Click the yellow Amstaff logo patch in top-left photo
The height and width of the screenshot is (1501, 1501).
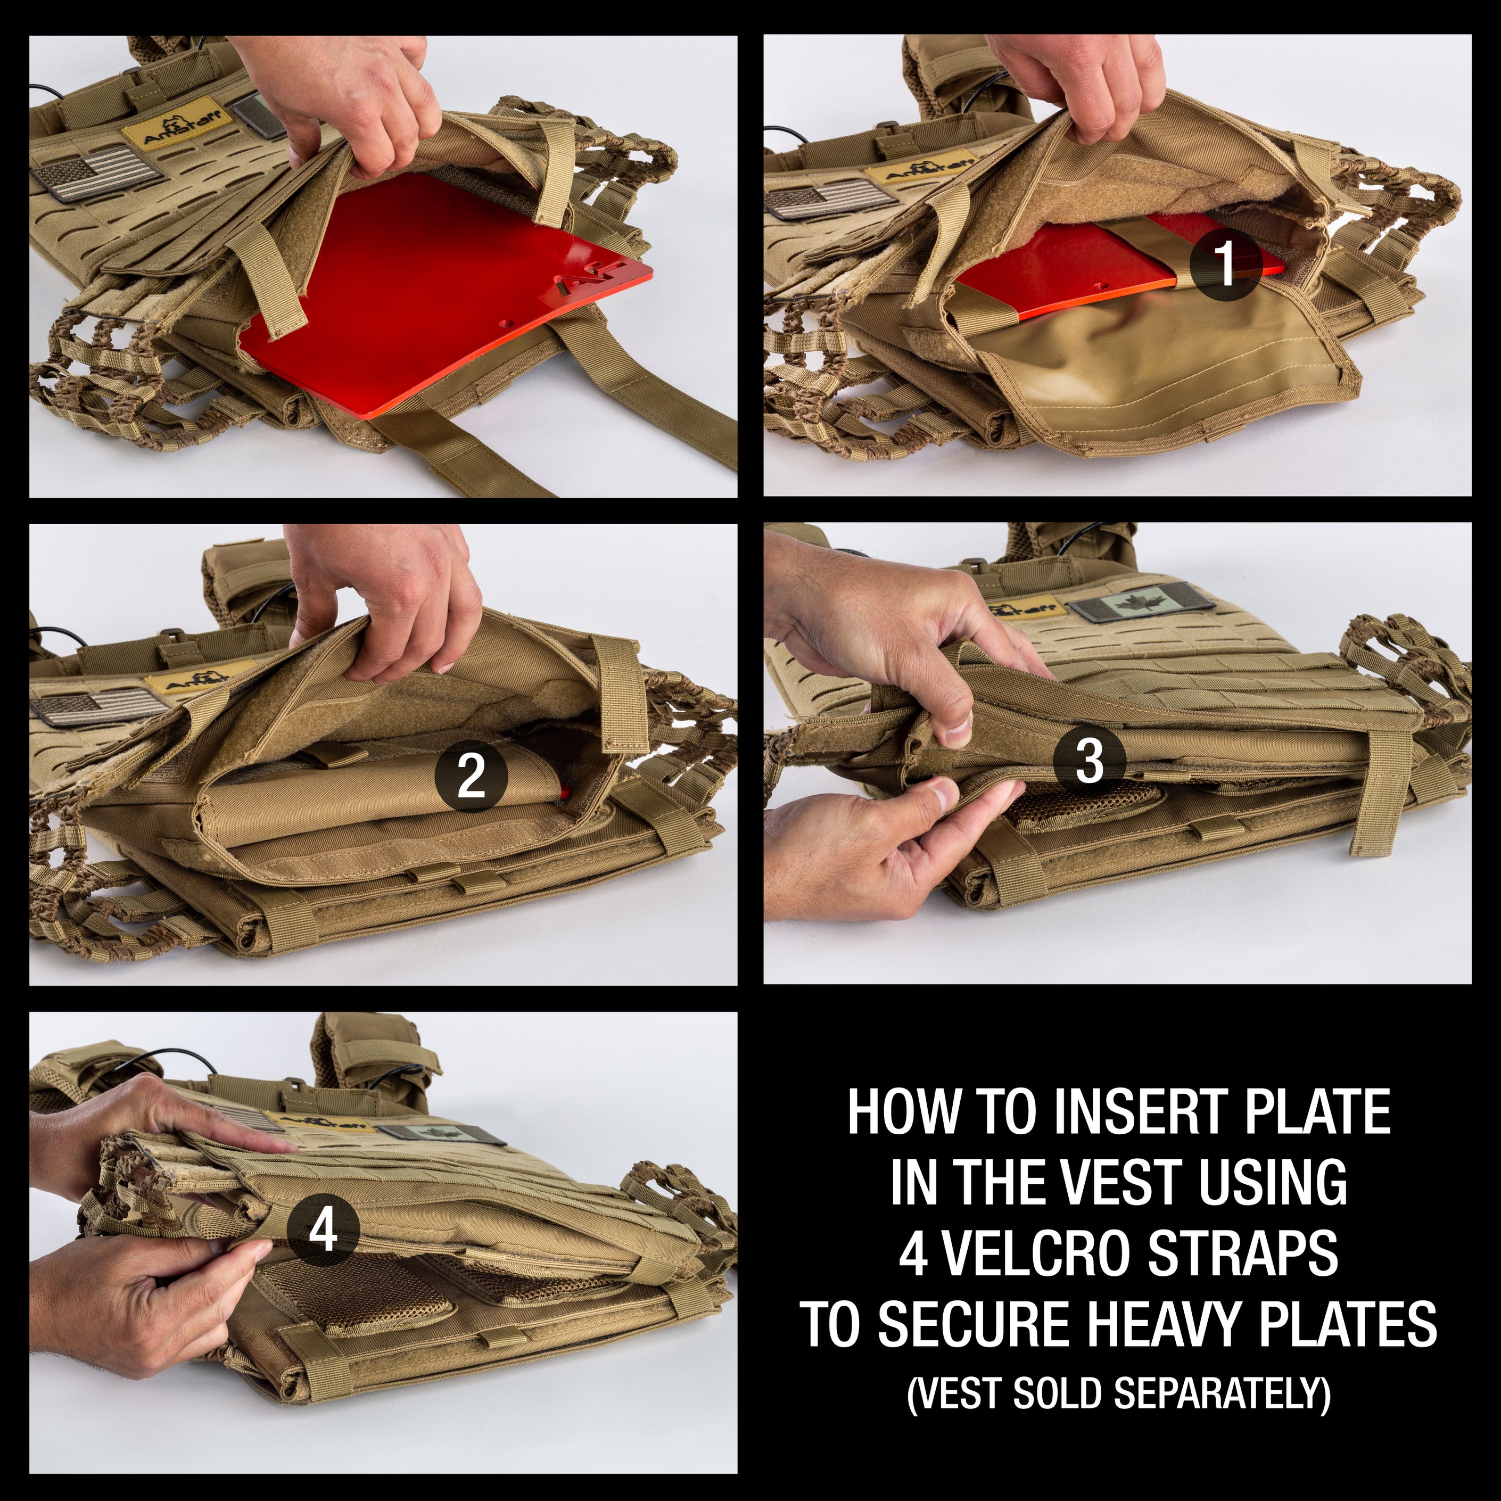click(x=178, y=127)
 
